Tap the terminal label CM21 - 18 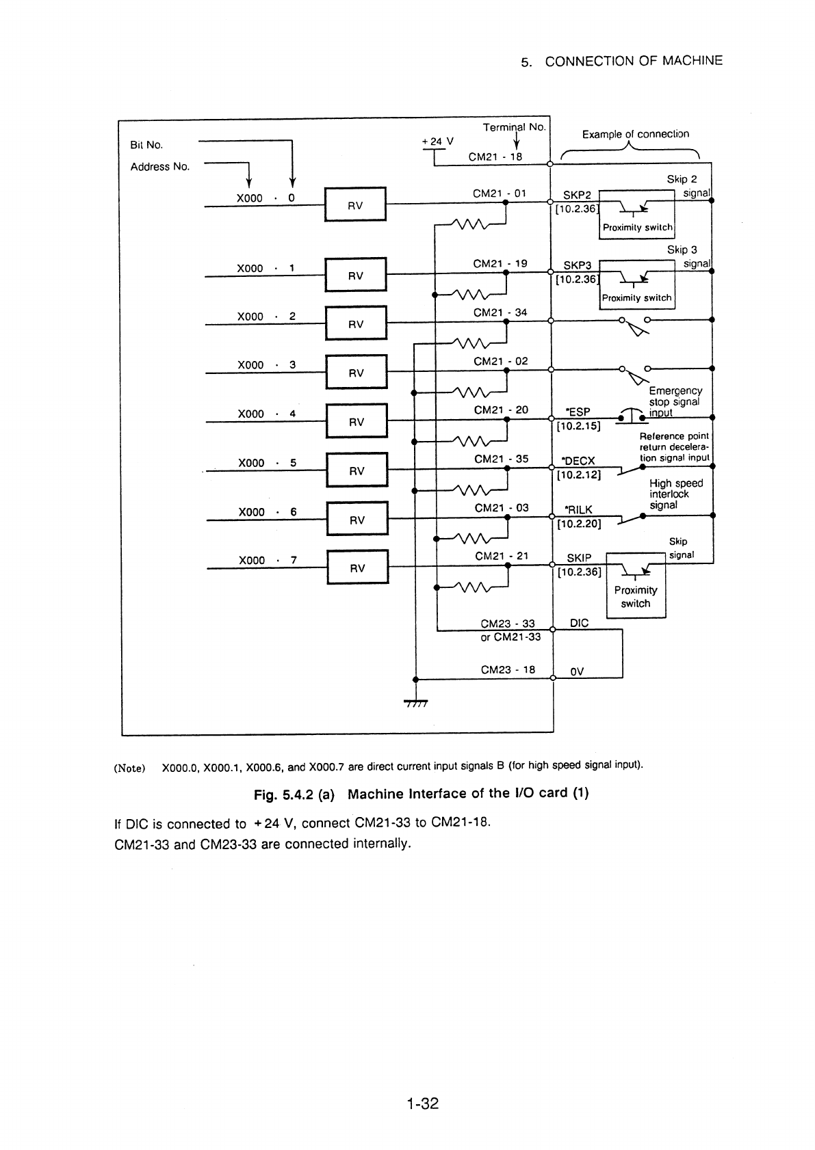coord(495,157)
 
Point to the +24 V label coord(437,141)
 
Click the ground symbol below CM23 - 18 coord(416,703)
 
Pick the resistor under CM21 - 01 coord(470,224)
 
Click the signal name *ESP coord(578,412)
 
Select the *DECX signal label coord(578,461)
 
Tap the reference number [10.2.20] coord(579,524)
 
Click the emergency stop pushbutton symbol coord(632,414)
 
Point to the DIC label coord(579,623)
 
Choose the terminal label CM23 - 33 coord(508,624)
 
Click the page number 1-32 coord(422,1104)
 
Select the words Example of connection coord(635,134)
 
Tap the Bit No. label coord(146,145)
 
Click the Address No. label coord(160,167)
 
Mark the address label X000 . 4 coord(267,414)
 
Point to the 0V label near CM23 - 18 coord(577,671)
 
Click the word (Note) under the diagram coord(129,768)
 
